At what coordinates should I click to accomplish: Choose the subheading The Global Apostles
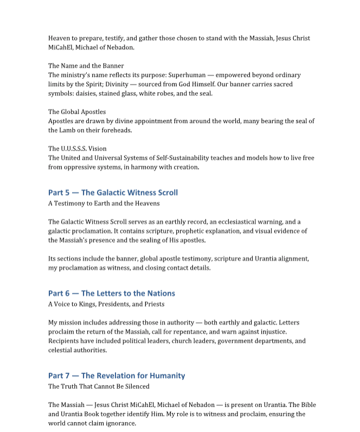tap(77, 112)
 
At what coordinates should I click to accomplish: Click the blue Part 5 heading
tap(113, 192)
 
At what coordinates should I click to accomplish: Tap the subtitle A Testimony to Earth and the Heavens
tap(104, 203)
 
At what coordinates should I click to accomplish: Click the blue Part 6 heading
tap(111, 293)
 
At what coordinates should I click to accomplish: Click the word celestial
tap(61, 350)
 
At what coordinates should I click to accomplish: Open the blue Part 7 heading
tap(117, 376)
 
